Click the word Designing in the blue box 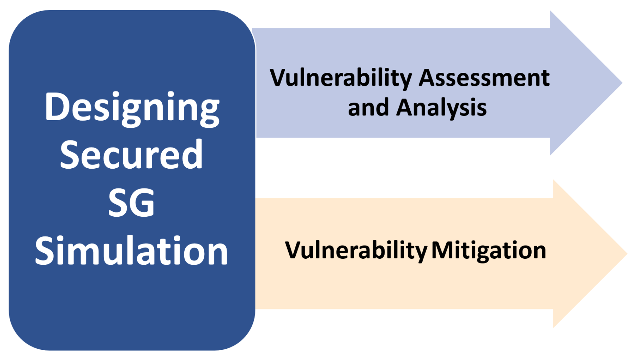132,109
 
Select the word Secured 131,154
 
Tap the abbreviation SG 131,203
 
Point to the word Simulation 131,250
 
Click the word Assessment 484,78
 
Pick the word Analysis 442,108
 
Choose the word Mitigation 489,251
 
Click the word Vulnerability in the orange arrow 356,251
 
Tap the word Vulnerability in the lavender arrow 341,78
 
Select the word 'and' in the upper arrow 368,108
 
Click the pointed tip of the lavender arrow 622,83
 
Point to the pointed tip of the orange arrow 627,253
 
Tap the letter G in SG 143,203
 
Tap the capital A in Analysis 406,107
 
